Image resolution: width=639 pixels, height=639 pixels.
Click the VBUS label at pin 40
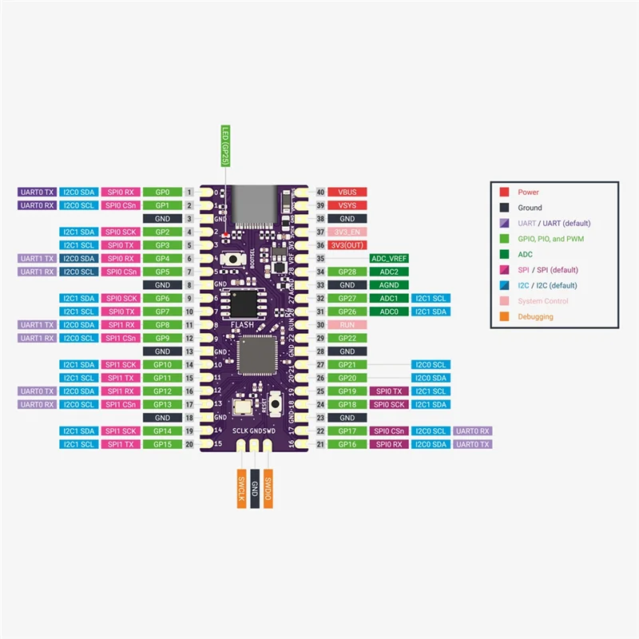[x=347, y=192]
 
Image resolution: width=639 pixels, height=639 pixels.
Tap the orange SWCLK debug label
[x=240, y=488]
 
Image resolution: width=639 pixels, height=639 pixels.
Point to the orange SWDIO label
[x=269, y=488]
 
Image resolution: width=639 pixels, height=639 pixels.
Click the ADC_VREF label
[x=389, y=259]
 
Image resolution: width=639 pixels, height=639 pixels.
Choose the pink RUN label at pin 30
[x=347, y=325]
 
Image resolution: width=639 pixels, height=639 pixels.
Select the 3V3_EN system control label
[x=347, y=232]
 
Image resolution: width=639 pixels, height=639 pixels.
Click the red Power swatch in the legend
[x=505, y=192]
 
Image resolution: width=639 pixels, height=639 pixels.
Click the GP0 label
[x=163, y=192]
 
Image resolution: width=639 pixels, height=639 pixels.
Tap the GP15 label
[x=163, y=444]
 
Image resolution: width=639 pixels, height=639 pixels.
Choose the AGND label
[x=389, y=285]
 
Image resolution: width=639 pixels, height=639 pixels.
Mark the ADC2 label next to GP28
[x=389, y=272]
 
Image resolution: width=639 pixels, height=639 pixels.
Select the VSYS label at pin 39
[x=347, y=205]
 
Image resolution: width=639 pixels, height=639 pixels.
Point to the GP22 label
[x=347, y=338]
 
